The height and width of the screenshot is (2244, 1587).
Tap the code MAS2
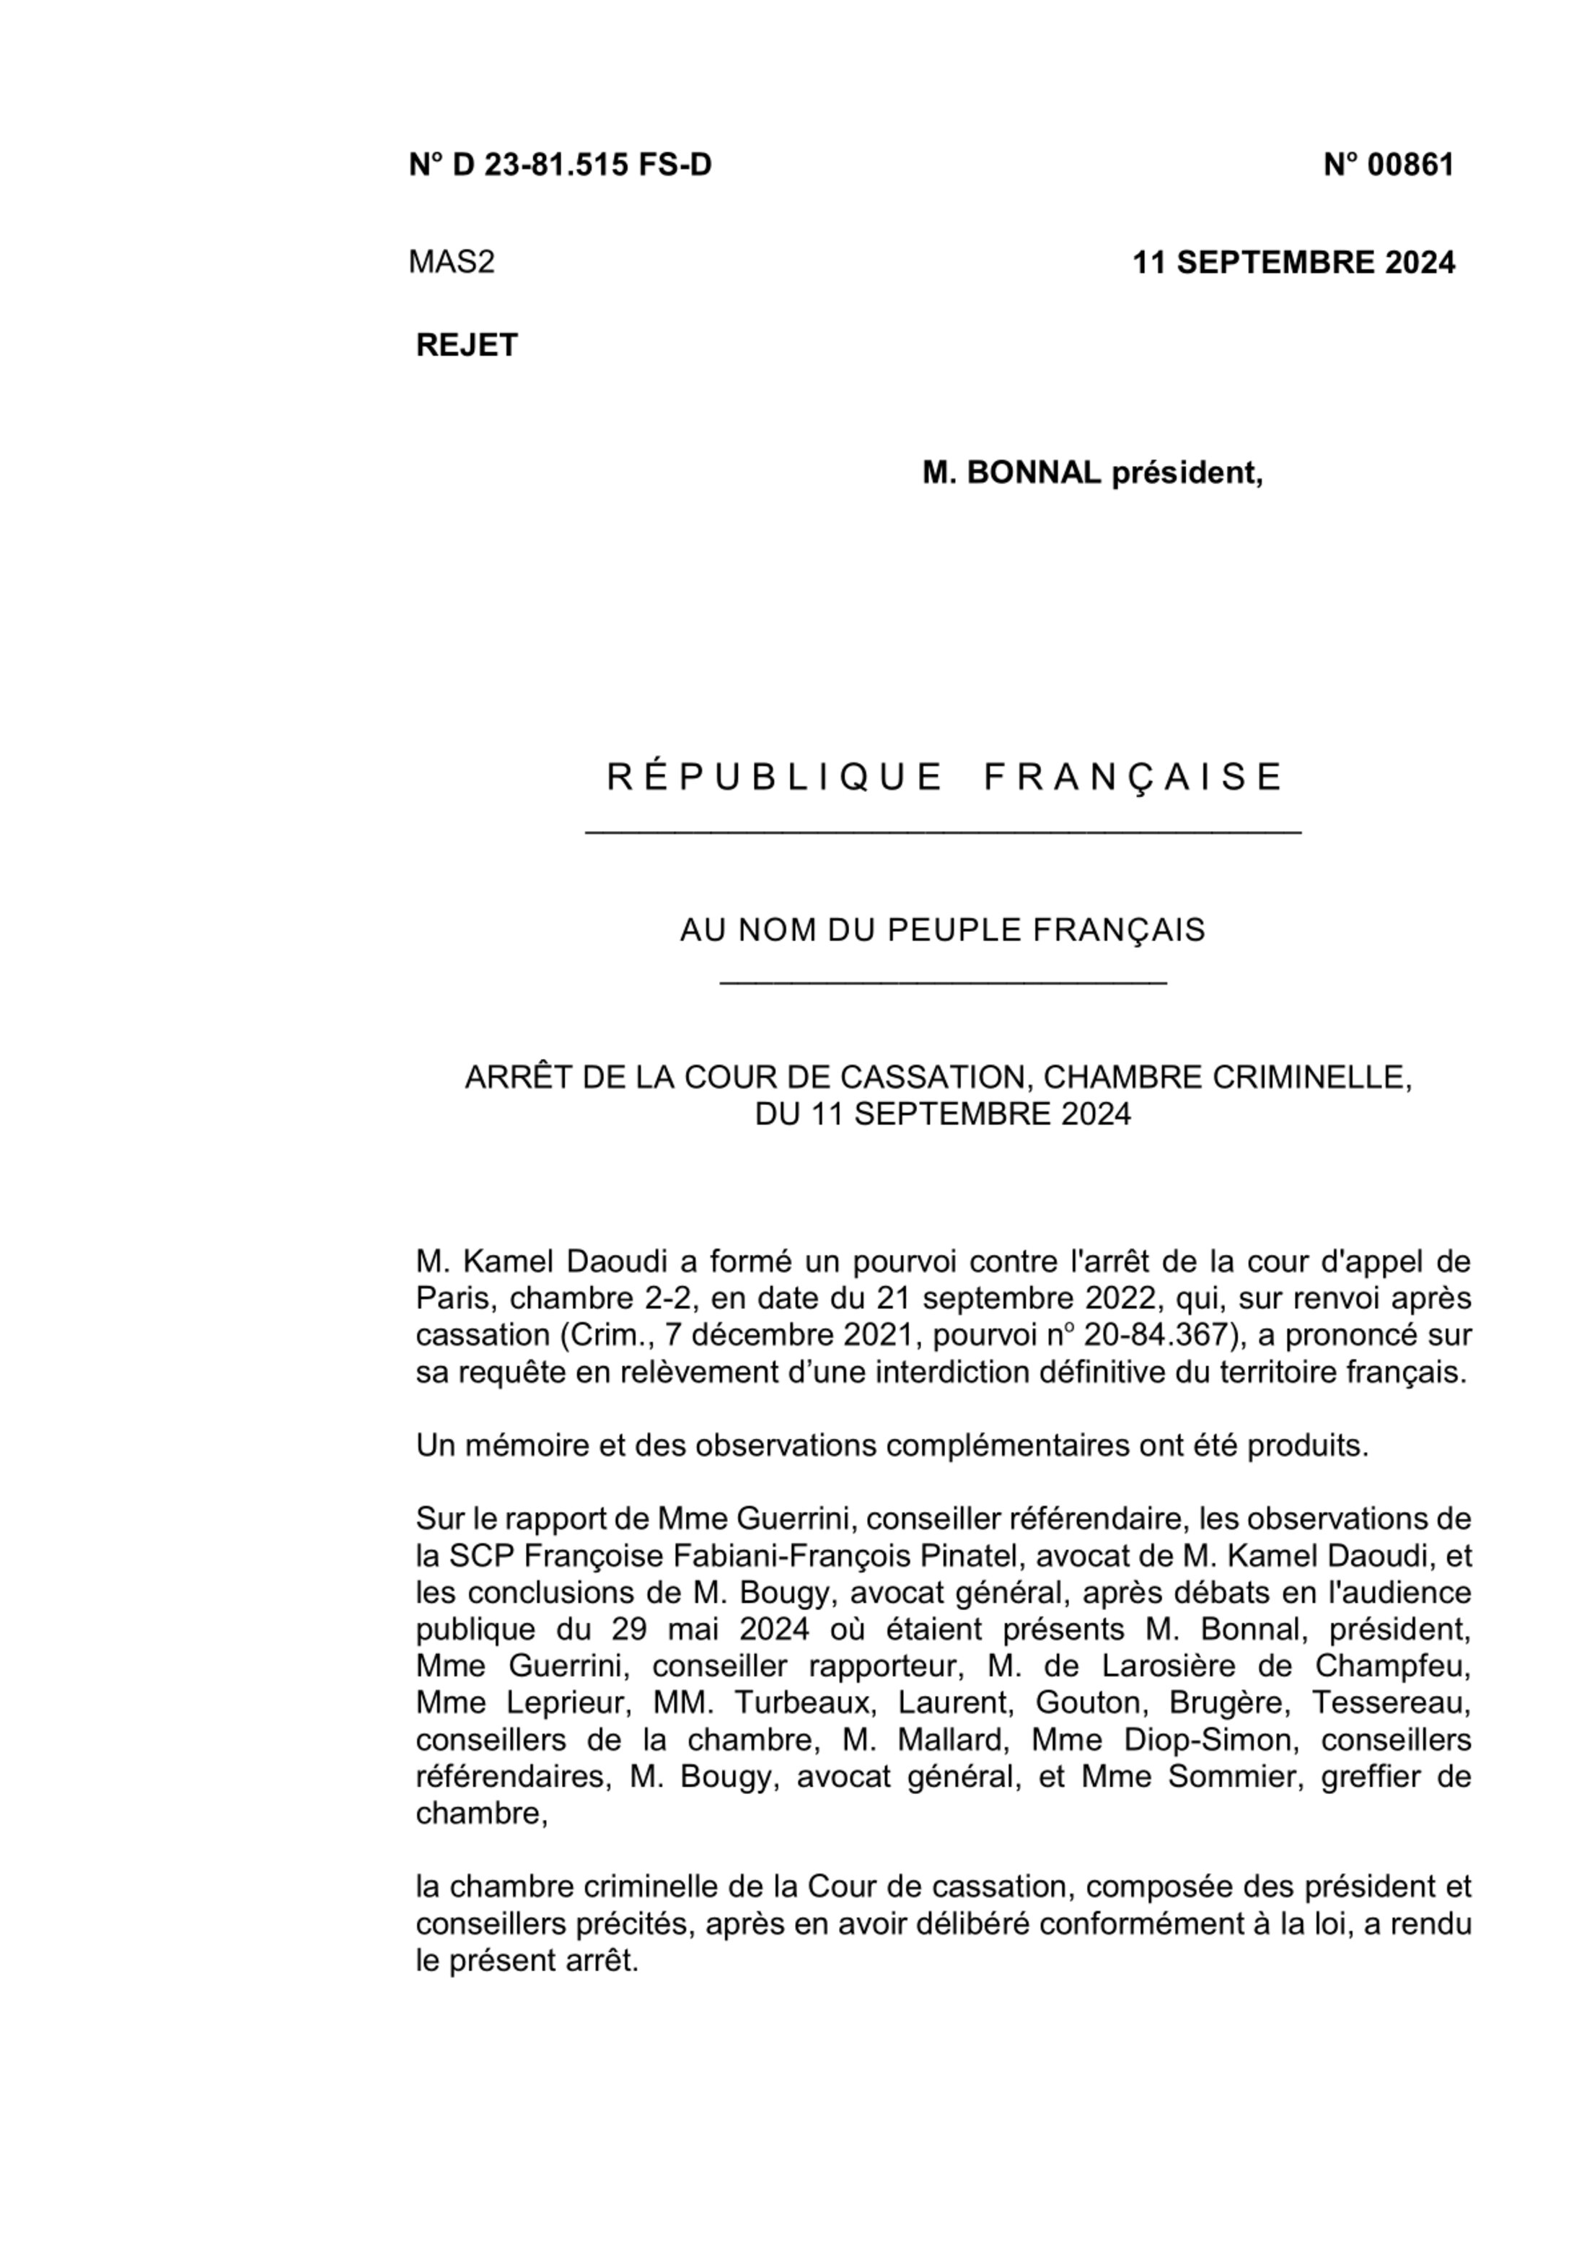452,262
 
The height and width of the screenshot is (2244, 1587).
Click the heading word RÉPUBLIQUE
773,777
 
